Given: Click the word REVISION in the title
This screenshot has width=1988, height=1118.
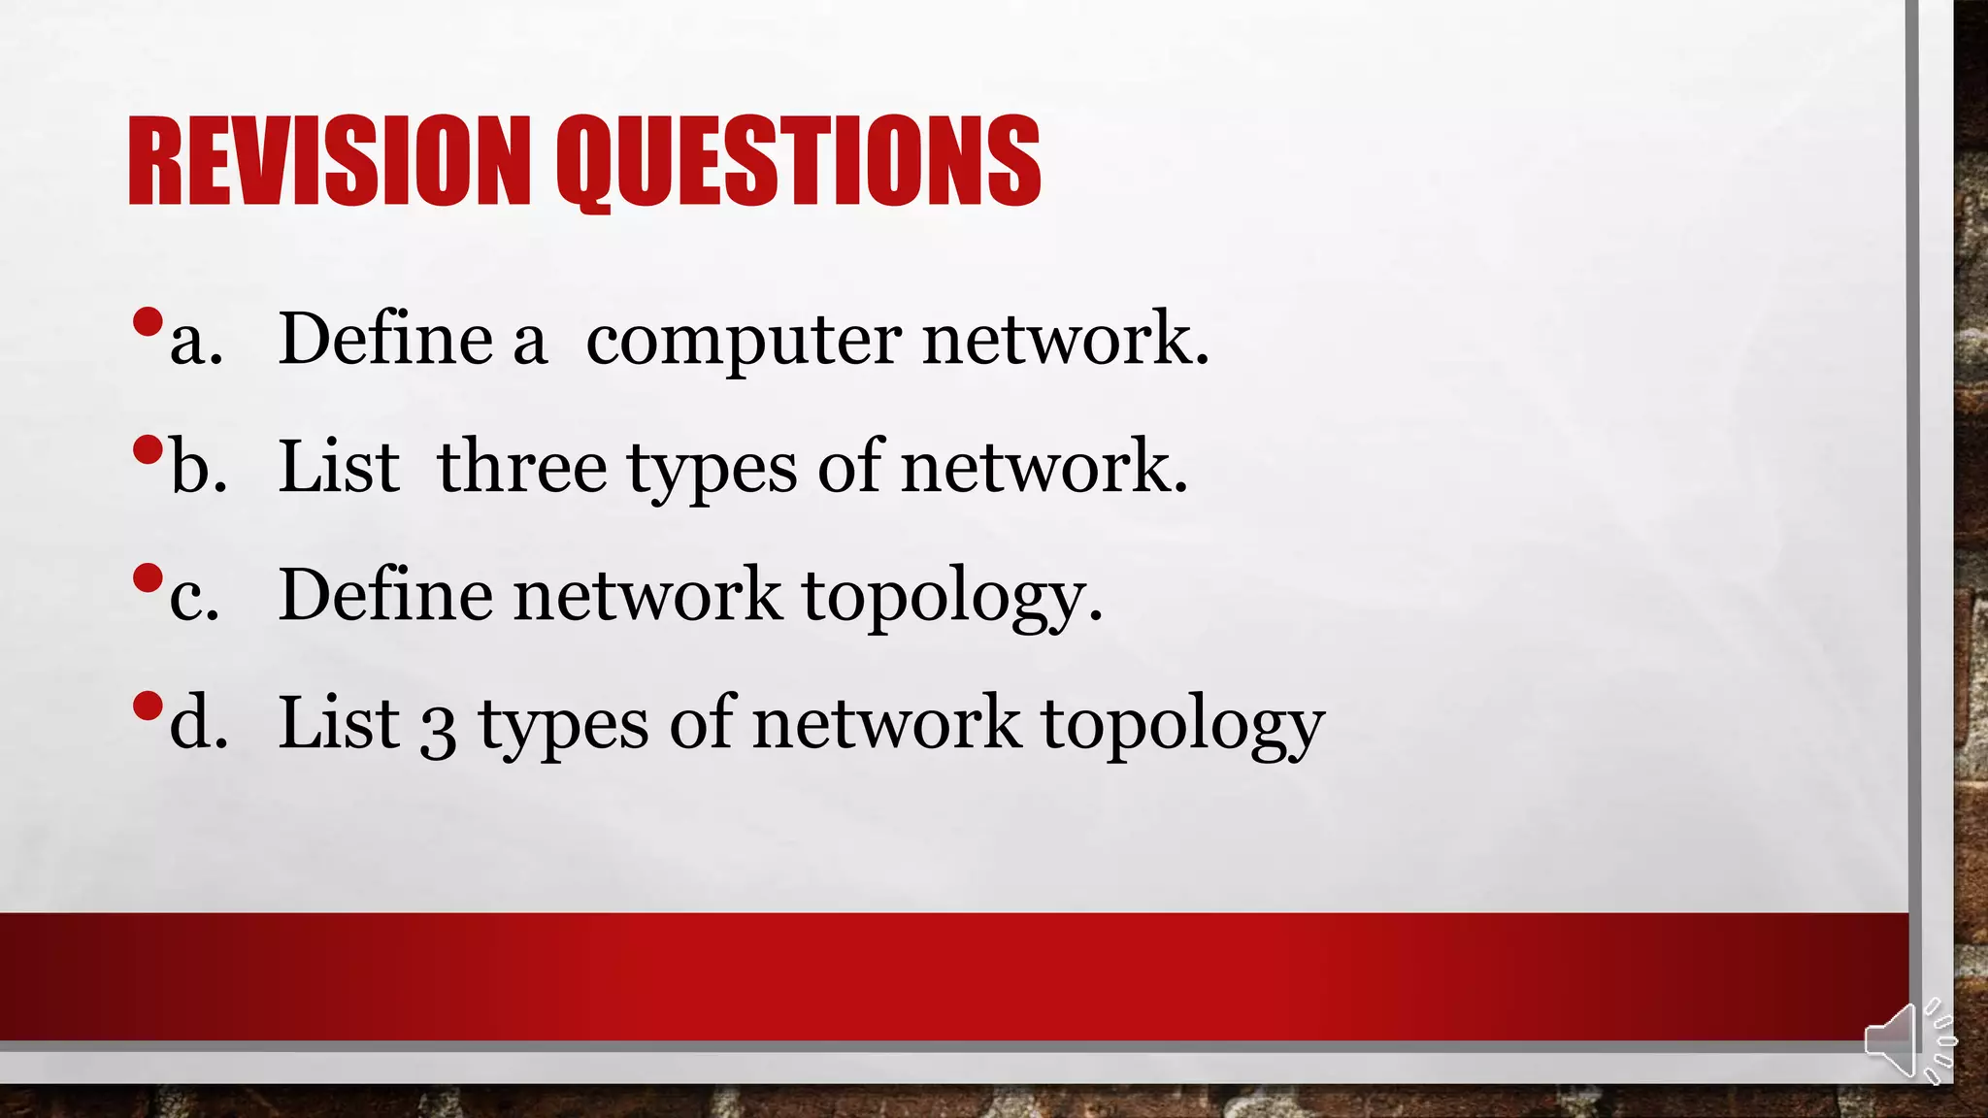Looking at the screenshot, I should pos(328,161).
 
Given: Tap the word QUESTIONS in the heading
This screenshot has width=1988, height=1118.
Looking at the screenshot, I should pos(798,161).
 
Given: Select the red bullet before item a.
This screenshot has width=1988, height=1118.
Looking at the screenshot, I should pos(148,322).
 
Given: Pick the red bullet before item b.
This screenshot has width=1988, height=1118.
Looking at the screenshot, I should pos(148,450).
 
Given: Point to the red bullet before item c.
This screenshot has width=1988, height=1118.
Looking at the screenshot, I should pos(148,578).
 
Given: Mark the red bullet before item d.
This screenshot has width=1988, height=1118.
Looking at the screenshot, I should pos(148,707).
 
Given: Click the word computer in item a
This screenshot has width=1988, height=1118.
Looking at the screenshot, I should pos(744,342).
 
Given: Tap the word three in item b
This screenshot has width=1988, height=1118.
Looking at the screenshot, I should pos(522,467).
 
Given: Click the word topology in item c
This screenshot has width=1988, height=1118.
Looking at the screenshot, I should pos(951,597).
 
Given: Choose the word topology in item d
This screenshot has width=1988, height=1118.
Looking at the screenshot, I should pos(1182,725).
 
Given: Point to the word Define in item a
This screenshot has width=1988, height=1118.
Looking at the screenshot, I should pos(385,339).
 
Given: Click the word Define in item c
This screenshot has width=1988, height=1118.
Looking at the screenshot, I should pos(385,595).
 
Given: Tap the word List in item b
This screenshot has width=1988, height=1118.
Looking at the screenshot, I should pos(338,467).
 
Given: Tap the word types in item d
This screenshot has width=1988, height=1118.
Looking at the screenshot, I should pos(563,726).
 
